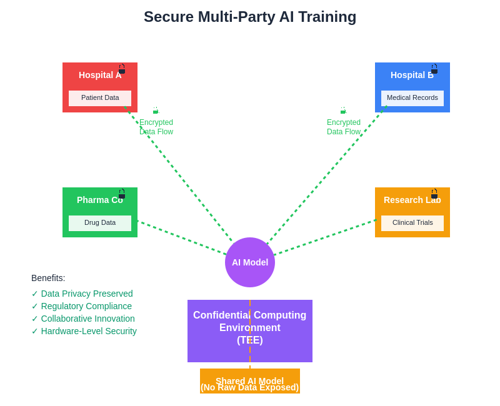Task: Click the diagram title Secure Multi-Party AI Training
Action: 250,17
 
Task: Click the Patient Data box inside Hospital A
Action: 100,98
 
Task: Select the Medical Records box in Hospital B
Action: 412,98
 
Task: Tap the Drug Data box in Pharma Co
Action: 100,223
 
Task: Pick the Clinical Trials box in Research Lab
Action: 412,223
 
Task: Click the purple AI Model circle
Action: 250,262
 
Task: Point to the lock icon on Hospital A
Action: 122,69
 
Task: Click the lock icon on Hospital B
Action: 434,69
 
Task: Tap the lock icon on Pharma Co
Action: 122,194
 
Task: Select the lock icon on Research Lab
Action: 434,194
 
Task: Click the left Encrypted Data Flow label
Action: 156,127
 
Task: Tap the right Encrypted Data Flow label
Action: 344,127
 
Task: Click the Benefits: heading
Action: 48,278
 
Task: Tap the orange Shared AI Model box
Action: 250,381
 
